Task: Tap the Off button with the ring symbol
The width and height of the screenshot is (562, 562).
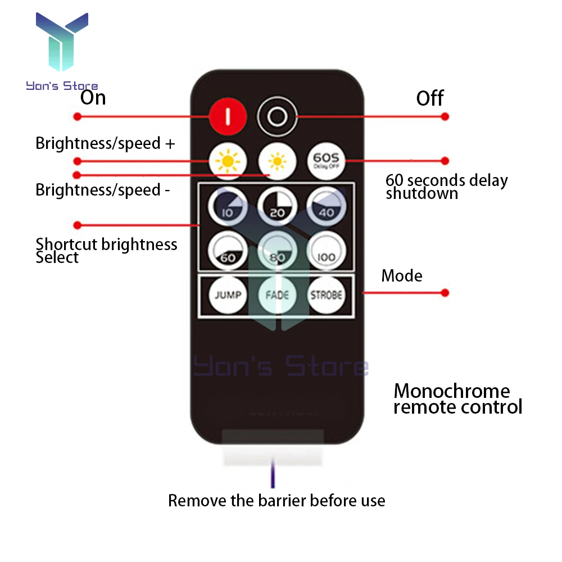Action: [277, 117]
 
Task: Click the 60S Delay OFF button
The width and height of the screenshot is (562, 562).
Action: [327, 161]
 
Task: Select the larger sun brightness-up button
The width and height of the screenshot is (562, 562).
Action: [228, 162]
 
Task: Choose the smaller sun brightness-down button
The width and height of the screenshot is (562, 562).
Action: [277, 162]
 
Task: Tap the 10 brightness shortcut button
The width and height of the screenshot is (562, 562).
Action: [228, 206]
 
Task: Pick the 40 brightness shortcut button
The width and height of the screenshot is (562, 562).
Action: [327, 206]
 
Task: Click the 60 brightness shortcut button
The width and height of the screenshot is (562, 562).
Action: [228, 250]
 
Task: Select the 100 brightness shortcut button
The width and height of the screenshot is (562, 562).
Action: [327, 250]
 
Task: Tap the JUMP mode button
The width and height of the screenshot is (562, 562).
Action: [228, 294]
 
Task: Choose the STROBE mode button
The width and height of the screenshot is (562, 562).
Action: [327, 294]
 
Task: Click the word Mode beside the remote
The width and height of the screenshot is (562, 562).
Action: [402, 276]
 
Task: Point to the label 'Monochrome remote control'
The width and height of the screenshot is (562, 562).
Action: [457, 398]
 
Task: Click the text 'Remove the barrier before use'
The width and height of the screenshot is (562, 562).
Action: [277, 501]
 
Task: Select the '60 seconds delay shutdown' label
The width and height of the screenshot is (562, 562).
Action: [446, 187]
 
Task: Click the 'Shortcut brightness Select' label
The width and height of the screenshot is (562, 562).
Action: [106, 251]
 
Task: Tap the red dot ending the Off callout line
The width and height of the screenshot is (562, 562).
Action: [445, 117]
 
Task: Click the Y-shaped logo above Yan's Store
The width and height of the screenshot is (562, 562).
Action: [62, 45]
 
